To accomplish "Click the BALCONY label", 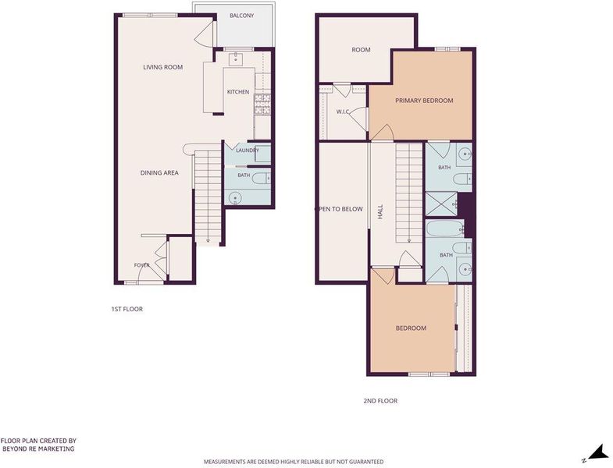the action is (x=241, y=16).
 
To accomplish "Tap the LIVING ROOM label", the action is (x=162, y=67).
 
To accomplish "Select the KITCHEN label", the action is (x=238, y=92).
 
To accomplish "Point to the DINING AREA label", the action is (x=159, y=172).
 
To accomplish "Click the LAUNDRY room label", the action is (x=248, y=151).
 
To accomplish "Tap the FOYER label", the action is (x=141, y=265).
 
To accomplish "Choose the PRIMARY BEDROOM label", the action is (x=424, y=101).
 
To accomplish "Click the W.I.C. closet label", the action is (x=343, y=112).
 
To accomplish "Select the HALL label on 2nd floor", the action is (x=380, y=211).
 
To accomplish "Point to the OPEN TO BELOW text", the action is (x=339, y=209).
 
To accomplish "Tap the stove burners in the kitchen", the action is (x=262, y=105).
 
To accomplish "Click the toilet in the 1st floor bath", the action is (x=261, y=179).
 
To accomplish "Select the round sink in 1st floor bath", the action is (x=235, y=197).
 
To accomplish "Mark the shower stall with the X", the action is (x=441, y=204).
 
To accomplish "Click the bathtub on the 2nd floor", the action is (x=444, y=228).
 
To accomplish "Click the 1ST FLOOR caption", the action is (x=127, y=309).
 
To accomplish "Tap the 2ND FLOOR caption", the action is (x=380, y=401).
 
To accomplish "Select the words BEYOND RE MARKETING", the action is (x=38, y=448).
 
